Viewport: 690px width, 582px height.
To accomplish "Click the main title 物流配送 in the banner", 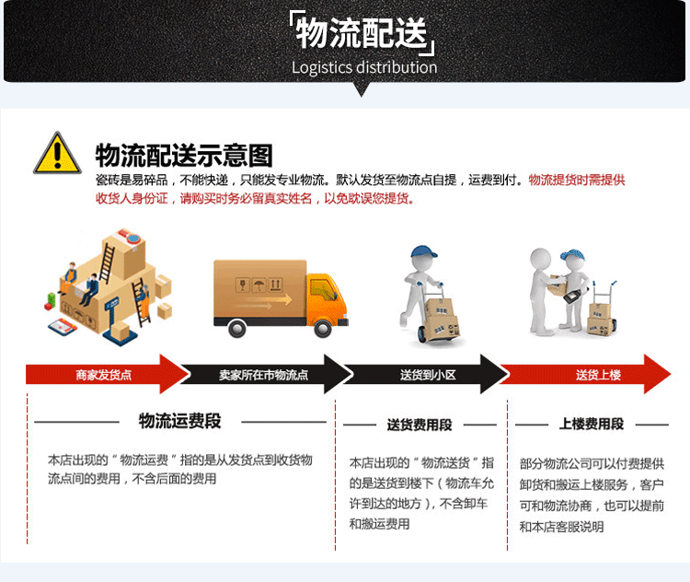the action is click(362, 35).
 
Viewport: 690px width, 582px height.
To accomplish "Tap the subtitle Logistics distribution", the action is click(364, 67).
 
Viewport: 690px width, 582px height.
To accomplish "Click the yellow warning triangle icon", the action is click(57, 154).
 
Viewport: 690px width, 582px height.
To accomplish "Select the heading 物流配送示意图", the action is click(184, 155).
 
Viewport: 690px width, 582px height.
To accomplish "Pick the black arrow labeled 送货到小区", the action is click(428, 375).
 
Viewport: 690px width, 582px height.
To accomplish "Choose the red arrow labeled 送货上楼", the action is click(598, 375).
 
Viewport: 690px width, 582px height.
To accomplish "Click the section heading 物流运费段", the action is click(180, 422).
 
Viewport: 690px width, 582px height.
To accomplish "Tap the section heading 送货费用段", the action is click(420, 425).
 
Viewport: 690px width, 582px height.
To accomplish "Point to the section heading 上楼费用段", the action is click(592, 425).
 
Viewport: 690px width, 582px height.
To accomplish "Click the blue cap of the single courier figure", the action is click(422, 252).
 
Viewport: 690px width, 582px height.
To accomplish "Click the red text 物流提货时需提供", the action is click(577, 180).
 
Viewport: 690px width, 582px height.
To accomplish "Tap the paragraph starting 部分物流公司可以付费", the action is click(592, 495).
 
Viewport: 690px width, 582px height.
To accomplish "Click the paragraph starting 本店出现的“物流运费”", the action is click(180, 469).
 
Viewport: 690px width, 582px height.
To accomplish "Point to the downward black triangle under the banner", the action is click(362, 89).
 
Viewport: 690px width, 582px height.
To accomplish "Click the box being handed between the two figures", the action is click(558, 285).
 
